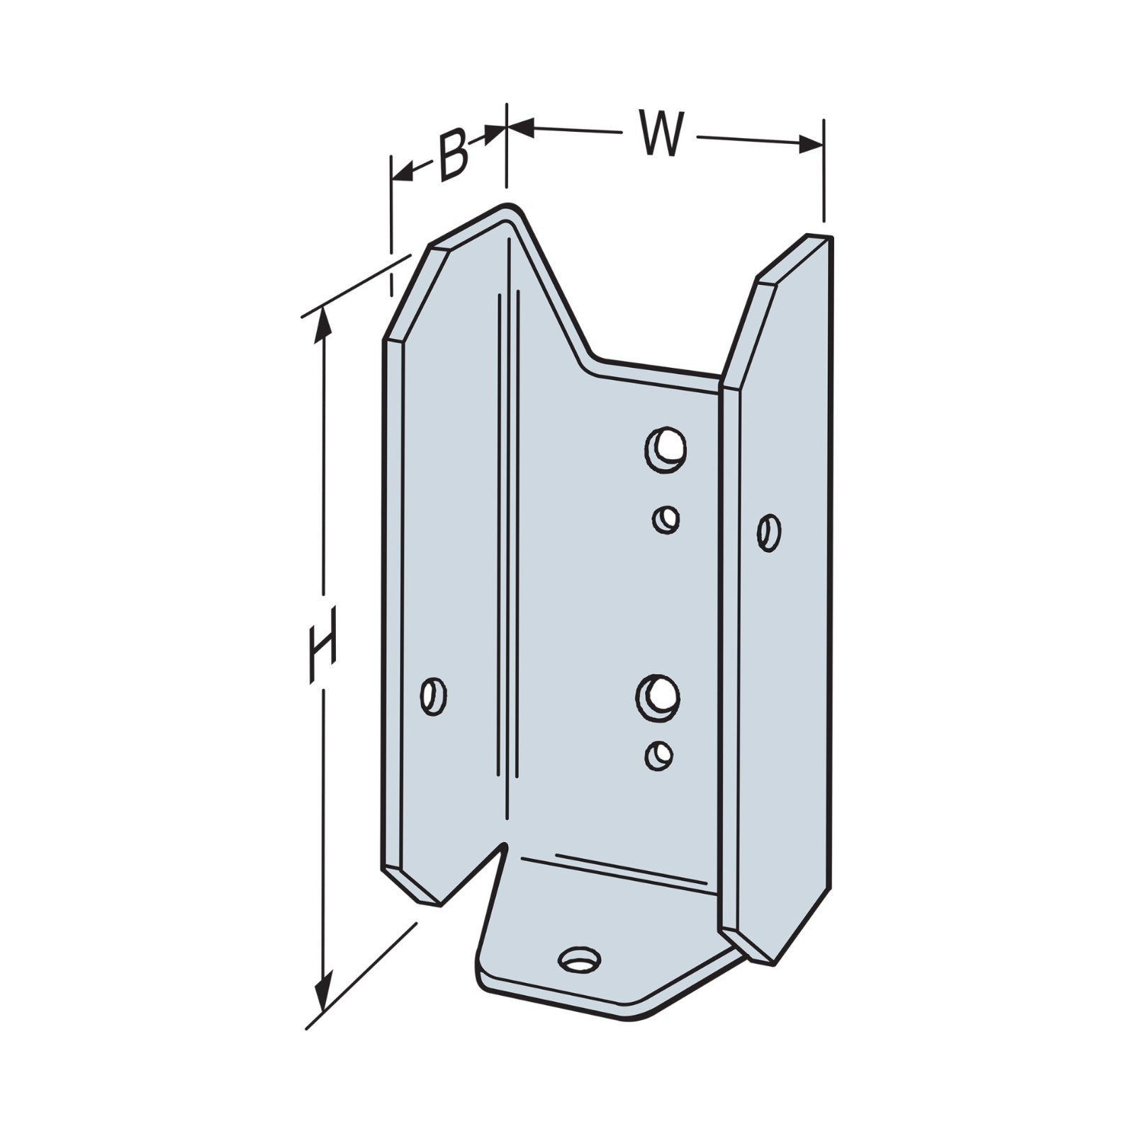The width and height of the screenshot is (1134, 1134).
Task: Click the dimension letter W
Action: pos(662,133)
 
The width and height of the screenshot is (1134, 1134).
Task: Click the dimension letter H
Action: pos(322,645)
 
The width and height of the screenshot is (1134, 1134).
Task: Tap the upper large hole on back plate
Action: pos(666,447)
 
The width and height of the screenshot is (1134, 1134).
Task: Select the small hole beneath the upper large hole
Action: pos(666,520)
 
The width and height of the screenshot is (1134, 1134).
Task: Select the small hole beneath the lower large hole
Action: pos(659,754)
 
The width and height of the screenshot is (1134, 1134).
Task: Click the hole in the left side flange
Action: pos(433,697)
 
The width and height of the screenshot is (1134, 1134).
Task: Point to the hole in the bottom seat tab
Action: pos(580,960)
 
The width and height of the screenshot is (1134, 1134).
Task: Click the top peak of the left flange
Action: pos(509,208)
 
